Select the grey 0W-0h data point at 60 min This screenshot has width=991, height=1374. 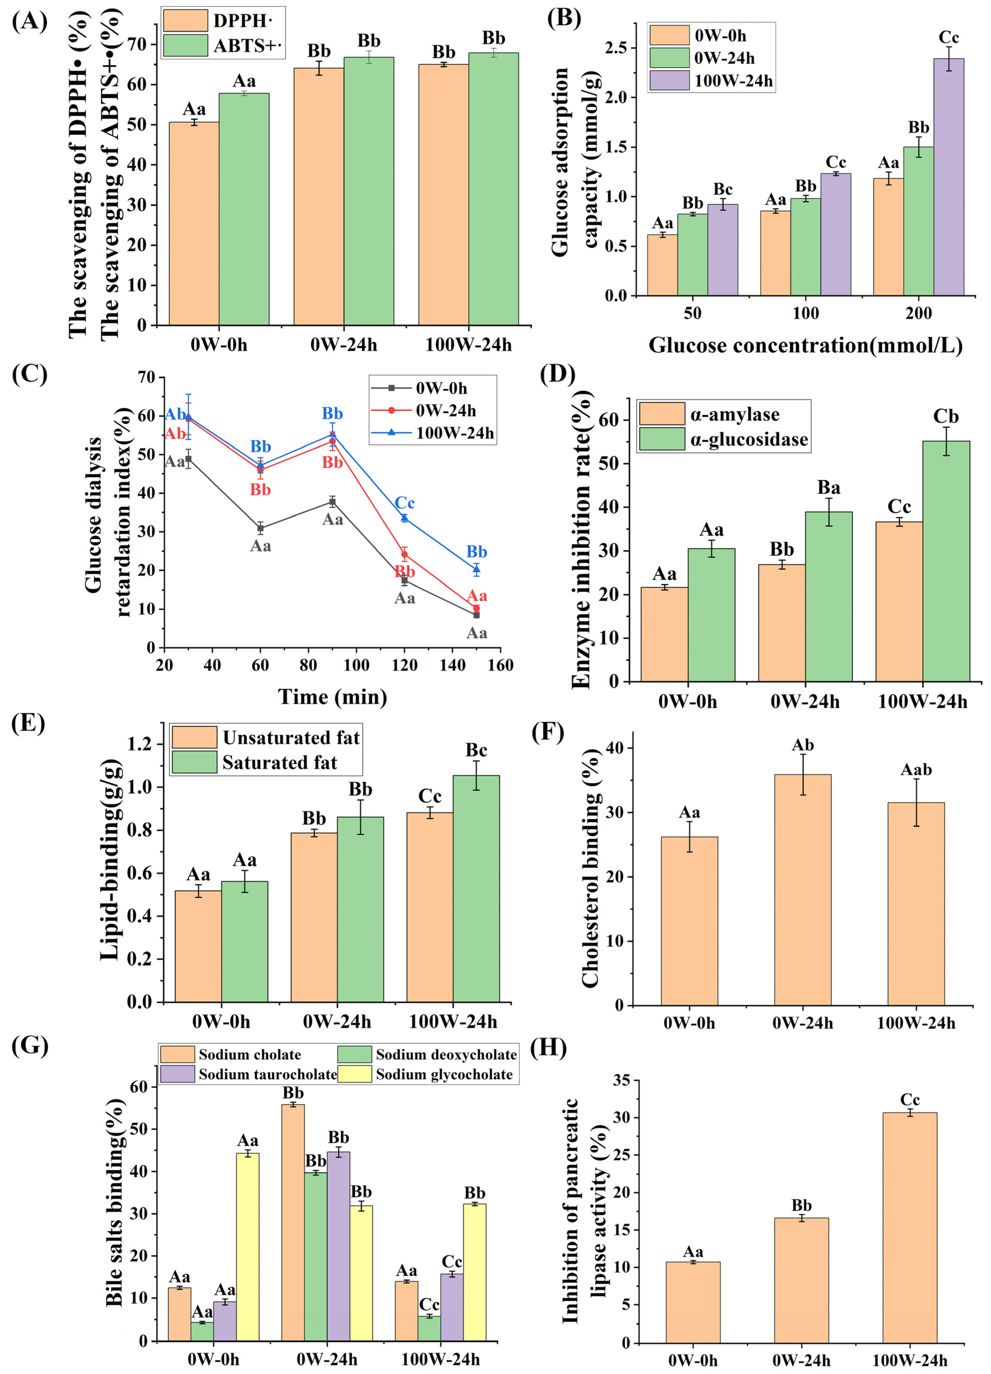(261, 528)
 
